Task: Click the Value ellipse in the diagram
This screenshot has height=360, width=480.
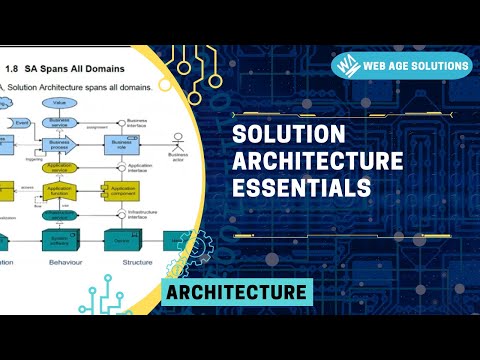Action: click(x=60, y=103)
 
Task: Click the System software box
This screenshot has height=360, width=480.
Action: click(x=60, y=240)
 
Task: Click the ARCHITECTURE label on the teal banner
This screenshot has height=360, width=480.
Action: click(x=236, y=292)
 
